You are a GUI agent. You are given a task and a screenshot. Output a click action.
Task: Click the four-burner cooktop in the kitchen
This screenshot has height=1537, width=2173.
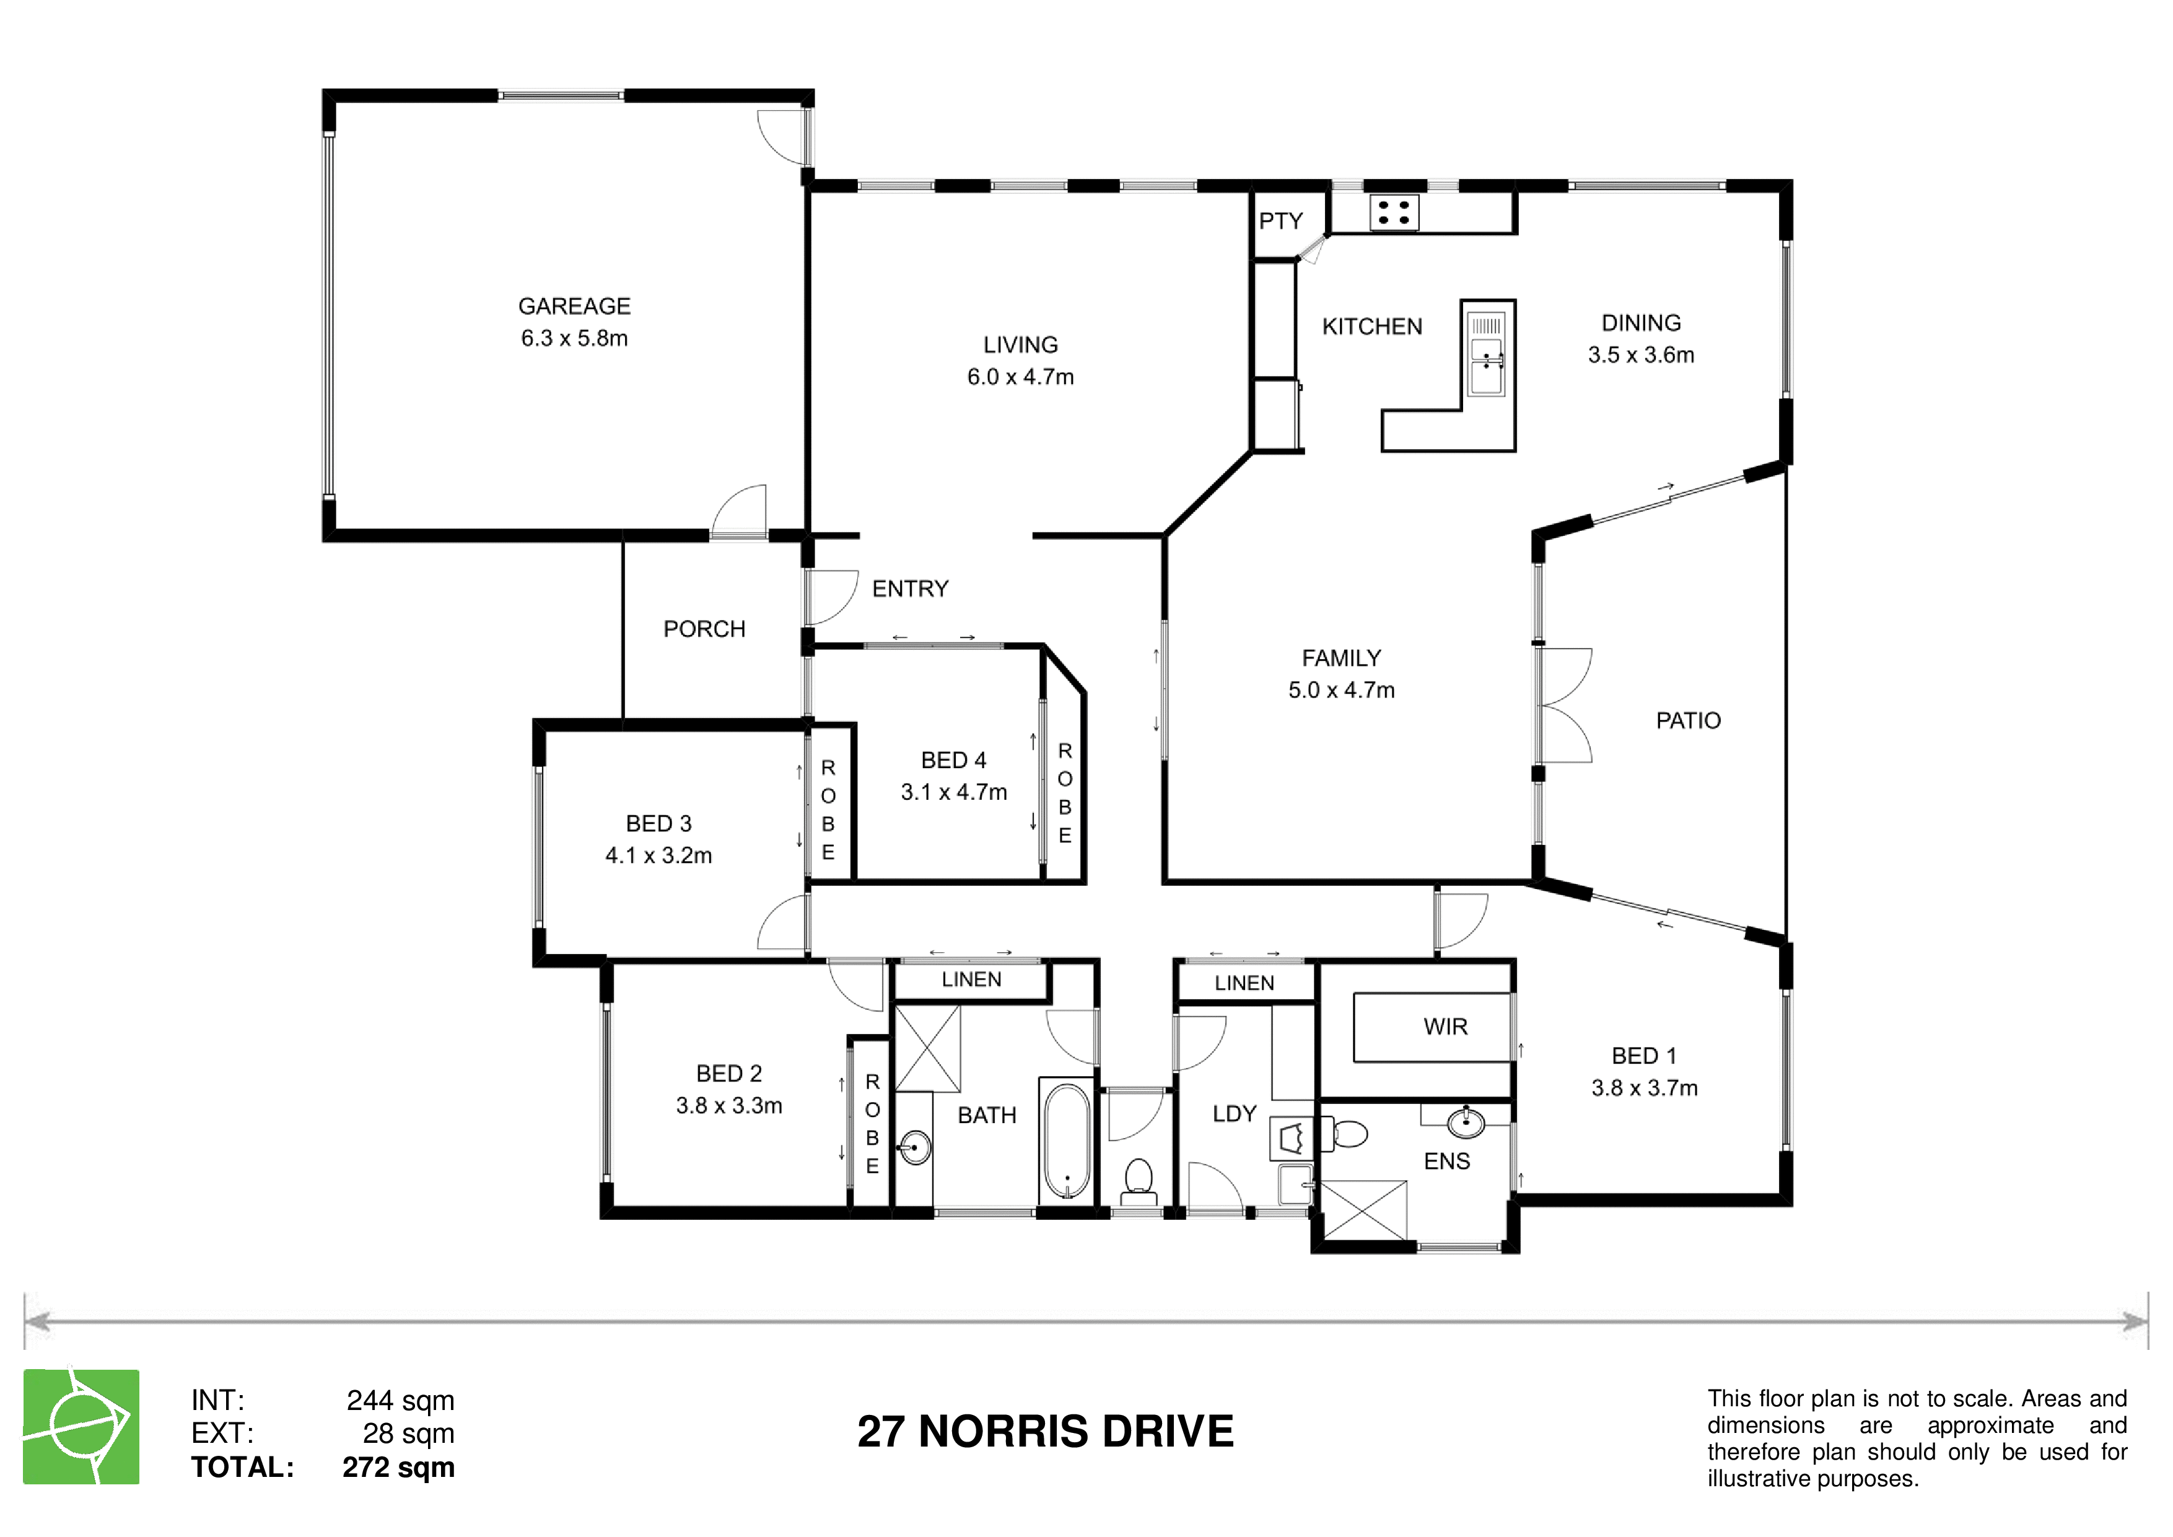[x=1394, y=213]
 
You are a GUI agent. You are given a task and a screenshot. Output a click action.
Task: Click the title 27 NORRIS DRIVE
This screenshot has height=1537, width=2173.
[x=1045, y=1431]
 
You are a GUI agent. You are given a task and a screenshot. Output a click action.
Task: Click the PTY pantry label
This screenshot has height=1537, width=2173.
[x=1280, y=221]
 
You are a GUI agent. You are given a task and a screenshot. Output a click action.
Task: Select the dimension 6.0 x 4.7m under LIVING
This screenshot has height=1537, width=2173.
[x=1020, y=377]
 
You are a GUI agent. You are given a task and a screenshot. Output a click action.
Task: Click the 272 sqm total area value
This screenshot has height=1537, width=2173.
[x=398, y=1467]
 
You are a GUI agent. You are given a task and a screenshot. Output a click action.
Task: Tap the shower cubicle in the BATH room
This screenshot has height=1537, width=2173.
[x=927, y=1049]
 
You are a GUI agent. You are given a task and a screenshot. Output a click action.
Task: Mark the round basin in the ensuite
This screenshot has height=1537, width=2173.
[x=1466, y=1123]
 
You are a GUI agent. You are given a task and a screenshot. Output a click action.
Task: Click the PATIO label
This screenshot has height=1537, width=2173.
[x=1689, y=720]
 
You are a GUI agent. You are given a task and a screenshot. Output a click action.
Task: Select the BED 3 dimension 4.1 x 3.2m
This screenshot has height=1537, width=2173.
[x=658, y=856]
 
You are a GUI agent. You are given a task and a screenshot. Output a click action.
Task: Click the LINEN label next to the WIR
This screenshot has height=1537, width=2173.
[x=1244, y=983]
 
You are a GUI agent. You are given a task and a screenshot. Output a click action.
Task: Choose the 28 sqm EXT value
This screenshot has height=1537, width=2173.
[x=409, y=1433]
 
